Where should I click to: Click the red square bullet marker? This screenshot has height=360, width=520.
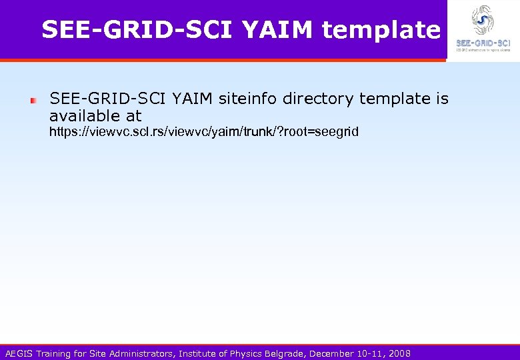click(33, 101)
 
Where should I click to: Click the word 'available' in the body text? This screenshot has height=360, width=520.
click(83, 116)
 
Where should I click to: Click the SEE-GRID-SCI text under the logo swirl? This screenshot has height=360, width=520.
click(483, 43)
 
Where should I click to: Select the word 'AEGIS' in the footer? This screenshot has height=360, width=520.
click(18, 353)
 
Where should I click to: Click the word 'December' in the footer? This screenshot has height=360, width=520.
click(332, 353)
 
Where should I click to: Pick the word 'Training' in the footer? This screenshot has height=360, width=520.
click(53, 353)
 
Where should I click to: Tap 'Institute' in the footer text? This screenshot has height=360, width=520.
click(199, 353)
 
